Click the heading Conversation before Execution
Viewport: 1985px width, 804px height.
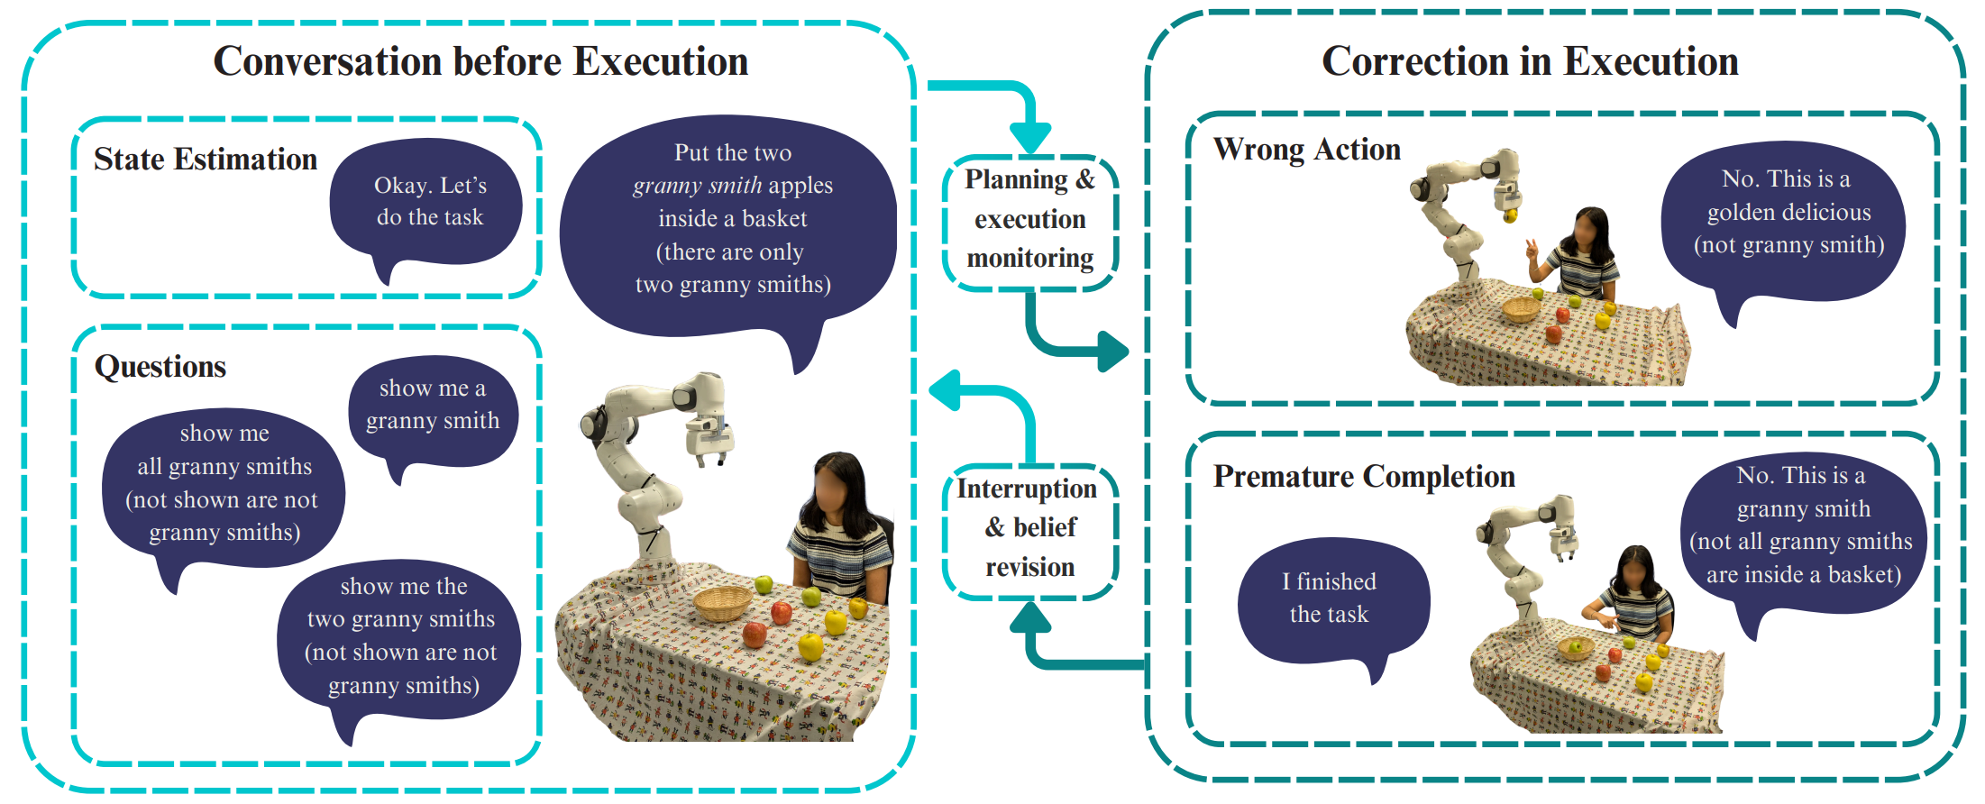tap(480, 62)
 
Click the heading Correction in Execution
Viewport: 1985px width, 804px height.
tap(1530, 62)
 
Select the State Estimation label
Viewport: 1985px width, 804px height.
tap(206, 160)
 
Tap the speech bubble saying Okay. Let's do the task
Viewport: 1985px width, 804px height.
tap(429, 202)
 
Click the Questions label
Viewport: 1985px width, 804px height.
tap(160, 367)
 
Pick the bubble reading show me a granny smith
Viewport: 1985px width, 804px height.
tap(433, 406)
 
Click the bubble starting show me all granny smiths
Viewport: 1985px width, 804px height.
tap(224, 483)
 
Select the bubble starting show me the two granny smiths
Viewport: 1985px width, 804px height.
tap(401, 635)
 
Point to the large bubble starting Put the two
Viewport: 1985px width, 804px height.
tap(732, 221)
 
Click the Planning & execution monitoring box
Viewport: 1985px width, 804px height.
tap(1029, 220)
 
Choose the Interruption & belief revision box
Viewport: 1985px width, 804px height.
tap(1028, 528)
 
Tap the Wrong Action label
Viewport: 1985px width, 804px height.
tap(1307, 150)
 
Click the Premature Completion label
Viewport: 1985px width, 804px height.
tap(1364, 477)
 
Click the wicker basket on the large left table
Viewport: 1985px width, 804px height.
tap(721, 602)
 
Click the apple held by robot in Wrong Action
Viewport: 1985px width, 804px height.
tap(1509, 215)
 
